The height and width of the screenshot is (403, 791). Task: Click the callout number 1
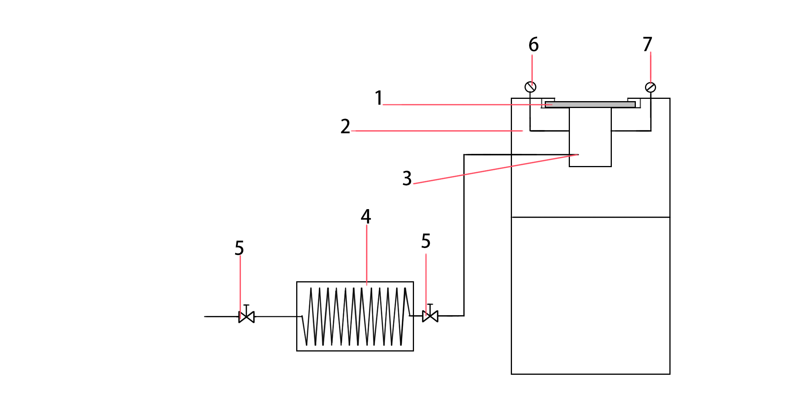tap(379, 98)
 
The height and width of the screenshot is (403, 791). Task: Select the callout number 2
tap(345, 126)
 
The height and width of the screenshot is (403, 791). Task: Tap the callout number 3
tap(407, 178)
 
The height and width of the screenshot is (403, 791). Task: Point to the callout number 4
tap(366, 216)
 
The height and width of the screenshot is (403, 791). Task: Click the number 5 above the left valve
tap(239, 248)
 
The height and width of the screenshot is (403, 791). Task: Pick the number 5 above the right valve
tap(426, 241)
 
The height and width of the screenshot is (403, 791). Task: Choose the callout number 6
tap(533, 45)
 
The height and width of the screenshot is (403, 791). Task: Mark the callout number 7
tap(647, 44)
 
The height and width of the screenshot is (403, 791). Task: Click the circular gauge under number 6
tap(530, 87)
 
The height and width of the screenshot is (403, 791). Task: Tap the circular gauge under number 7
tap(650, 87)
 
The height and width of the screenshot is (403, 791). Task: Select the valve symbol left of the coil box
tap(246, 316)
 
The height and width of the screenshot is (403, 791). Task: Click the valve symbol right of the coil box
tap(430, 316)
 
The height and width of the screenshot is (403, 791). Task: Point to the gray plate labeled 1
tap(590, 104)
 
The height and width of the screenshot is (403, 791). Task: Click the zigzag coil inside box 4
tap(355, 316)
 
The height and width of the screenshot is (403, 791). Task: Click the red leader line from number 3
tap(496, 169)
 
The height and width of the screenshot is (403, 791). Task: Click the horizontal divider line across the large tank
tap(590, 217)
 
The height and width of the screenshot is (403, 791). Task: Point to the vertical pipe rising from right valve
tap(464, 237)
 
